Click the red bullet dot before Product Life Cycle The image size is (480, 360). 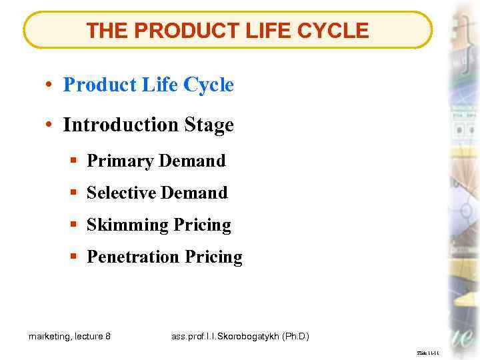point(50,85)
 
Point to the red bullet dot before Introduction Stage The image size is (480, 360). point(50,125)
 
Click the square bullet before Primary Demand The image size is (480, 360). point(73,161)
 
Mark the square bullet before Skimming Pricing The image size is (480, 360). point(73,225)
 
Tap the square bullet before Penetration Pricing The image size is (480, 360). point(73,257)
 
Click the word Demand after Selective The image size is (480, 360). point(195,193)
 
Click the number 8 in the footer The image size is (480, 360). point(108,337)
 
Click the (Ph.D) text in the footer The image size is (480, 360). point(296,337)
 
